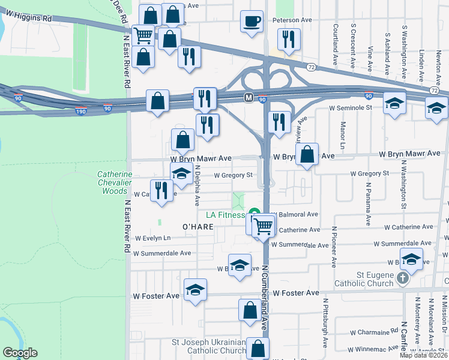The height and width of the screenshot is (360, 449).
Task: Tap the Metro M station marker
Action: point(248,97)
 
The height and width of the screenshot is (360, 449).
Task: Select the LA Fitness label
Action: point(225,215)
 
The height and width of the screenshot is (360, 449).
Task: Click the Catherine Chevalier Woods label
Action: point(113,183)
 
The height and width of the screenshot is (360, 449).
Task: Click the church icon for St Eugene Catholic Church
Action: point(403,278)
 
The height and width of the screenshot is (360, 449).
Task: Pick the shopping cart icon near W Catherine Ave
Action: point(263,226)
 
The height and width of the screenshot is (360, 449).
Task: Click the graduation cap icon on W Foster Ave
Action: point(196,290)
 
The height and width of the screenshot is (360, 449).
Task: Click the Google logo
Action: point(20,353)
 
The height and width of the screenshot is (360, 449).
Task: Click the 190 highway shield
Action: point(81,111)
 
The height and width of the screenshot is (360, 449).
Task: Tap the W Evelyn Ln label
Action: point(152,238)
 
